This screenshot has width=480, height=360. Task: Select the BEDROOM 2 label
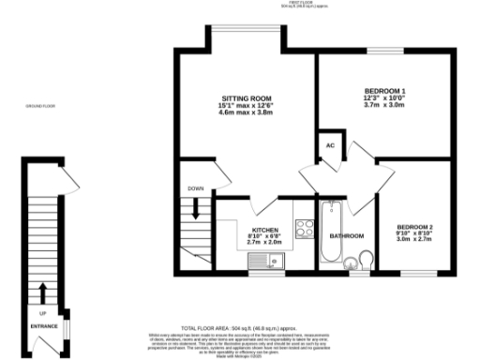coord(414,227)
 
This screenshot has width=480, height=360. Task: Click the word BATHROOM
coord(346,235)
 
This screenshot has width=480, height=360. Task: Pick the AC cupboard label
coord(329,145)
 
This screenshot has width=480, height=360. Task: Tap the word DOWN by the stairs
coord(195,189)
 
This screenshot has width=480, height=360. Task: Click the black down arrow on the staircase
coord(195,210)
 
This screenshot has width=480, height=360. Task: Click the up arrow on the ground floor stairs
coord(43,291)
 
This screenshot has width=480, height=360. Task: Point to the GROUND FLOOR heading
coord(40,106)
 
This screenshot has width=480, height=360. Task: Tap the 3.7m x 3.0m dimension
coord(378,103)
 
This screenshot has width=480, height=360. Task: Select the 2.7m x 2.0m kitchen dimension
coord(263,242)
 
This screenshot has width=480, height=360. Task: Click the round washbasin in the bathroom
coord(349,262)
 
